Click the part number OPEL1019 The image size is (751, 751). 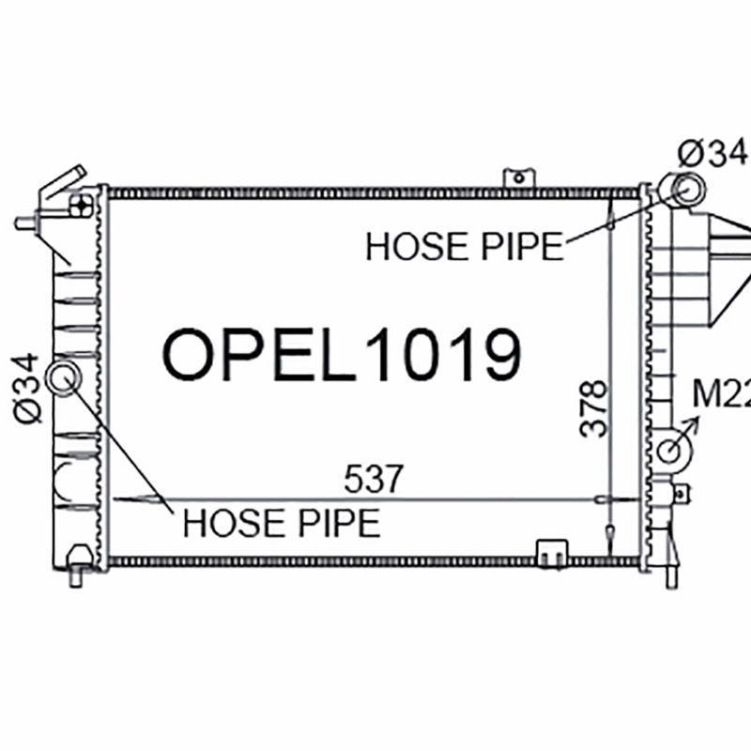342,355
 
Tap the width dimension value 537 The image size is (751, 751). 374,479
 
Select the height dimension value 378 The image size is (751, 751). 593,408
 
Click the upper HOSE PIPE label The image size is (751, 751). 464,247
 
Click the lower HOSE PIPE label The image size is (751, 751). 282,523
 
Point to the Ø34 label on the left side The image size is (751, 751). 26,389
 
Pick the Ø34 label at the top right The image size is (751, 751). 713,154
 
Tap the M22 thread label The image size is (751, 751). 722,394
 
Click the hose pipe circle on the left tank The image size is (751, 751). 64,377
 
